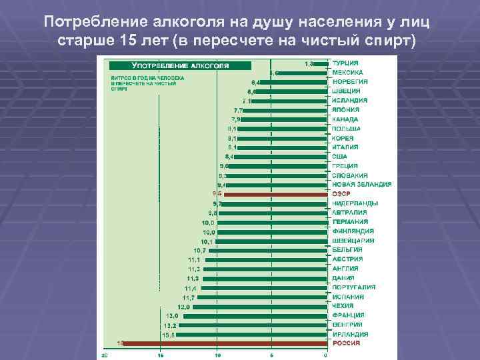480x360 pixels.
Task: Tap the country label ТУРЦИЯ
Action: pyautogui.click(x=346, y=63)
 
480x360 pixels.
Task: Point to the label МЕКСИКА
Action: pyautogui.click(x=347, y=72)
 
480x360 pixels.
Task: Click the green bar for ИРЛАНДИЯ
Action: pyautogui.click(x=253, y=334)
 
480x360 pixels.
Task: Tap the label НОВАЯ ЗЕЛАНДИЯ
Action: pyautogui.click(x=361, y=184)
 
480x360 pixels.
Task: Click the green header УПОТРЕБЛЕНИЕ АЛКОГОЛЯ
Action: pyautogui.click(x=180, y=66)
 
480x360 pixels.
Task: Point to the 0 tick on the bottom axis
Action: pyautogui.click(x=325, y=355)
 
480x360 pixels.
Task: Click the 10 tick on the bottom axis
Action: pyautogui.click(x=217, y=355)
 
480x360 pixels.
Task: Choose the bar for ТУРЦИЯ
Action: pyautogui.click(x=323, y=63)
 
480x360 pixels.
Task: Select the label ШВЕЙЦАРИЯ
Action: pyautogui.click(x=353, y=240)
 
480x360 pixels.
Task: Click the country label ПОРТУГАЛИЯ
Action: pyautogui.click(x=353, y=287)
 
